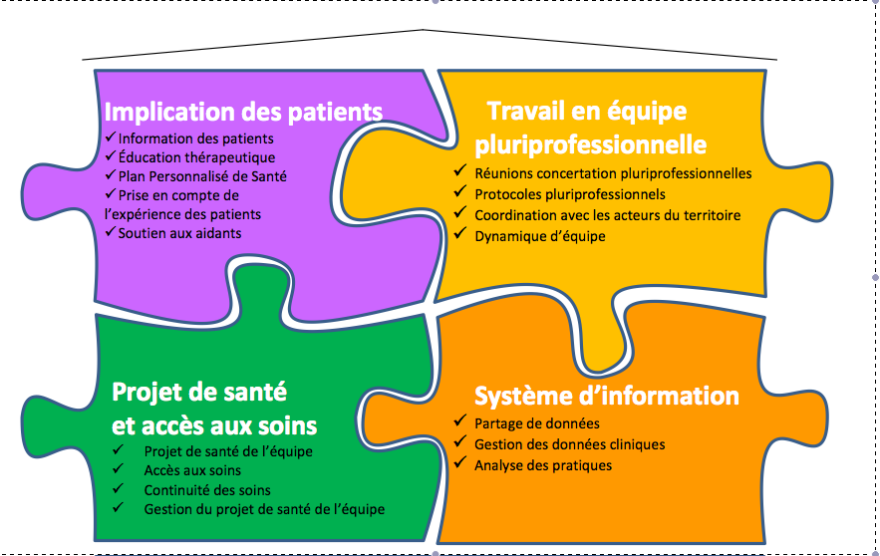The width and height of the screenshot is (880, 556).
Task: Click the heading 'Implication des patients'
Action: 243,112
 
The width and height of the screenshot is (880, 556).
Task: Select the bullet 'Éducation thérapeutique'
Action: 196,157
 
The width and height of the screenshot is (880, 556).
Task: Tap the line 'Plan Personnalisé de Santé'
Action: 202,176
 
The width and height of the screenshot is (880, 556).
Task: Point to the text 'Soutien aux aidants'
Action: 179,233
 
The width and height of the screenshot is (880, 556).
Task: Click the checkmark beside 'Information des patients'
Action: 111,137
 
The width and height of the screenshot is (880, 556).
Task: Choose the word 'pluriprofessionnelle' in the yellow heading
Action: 590,144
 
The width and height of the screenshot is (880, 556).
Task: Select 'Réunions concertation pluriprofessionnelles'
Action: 613,173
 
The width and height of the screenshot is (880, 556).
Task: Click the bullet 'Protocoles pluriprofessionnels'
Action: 570,194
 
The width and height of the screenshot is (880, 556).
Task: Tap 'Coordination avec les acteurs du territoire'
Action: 607,215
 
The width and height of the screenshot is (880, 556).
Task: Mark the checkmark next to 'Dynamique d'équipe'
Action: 460,233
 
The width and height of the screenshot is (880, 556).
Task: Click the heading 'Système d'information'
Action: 607,396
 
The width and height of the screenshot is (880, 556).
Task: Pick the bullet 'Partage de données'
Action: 536,423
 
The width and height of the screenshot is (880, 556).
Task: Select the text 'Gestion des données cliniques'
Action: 570,444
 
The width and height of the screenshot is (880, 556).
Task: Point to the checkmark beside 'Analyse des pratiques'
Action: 460,462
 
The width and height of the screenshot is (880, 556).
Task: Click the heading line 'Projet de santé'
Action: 199,392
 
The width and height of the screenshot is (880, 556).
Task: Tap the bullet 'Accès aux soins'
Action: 192,470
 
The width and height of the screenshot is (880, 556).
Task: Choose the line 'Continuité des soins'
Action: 207,490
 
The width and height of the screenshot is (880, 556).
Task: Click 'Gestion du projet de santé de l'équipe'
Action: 264,509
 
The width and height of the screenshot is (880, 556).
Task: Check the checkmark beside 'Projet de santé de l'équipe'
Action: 118,448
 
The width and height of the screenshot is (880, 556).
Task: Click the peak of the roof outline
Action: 423,29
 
